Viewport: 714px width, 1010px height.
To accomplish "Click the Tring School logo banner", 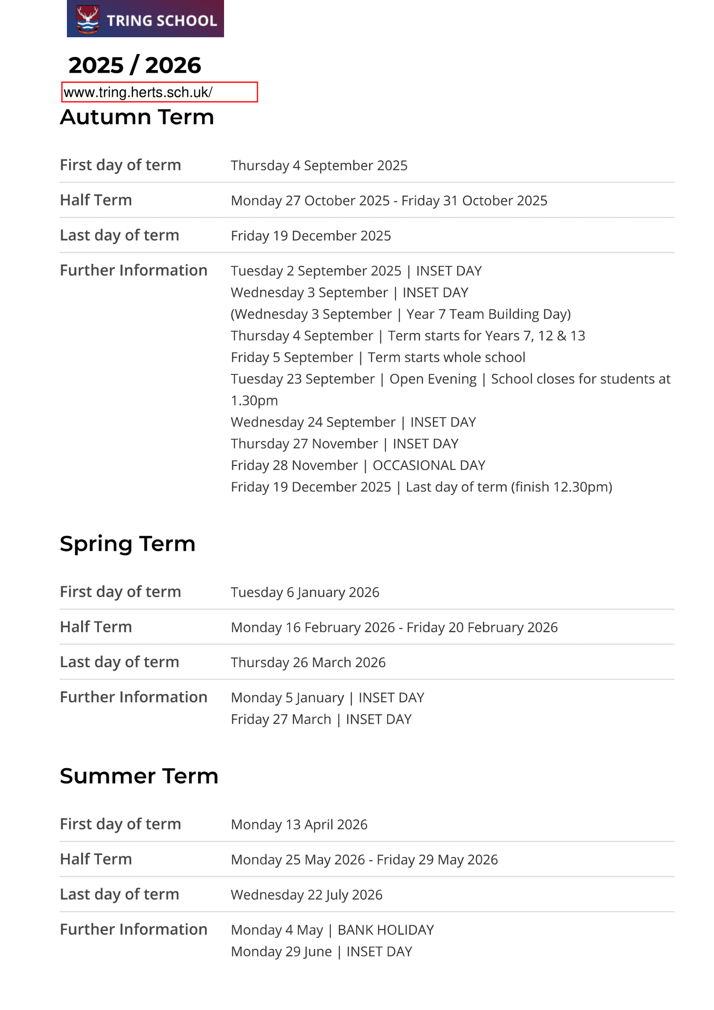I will click(145, 19).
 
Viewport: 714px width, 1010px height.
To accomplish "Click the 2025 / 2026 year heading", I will click(135, 65).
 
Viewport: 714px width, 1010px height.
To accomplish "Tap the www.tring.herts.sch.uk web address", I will click(138, 92).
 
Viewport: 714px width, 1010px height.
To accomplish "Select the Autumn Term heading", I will click(137, 117).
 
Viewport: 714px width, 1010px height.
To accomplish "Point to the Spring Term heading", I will click(128, 544).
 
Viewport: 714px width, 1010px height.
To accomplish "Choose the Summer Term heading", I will click(139, 776).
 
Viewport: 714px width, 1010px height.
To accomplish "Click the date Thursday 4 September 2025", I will click(319, 166).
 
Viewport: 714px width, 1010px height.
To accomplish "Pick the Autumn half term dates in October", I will click(389, 201).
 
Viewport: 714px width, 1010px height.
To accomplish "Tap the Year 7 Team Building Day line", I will click(400, 314).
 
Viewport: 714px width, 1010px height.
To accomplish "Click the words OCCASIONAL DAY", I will click(428, 466).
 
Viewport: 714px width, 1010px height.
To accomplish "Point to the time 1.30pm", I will click(254, 401).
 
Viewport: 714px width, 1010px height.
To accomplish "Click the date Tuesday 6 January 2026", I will click(305, 592).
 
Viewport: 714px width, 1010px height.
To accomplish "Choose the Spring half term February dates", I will click(394, 628).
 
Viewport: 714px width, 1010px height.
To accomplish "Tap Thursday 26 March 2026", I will click(308, 663).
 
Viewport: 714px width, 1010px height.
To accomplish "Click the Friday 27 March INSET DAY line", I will click(321, 719).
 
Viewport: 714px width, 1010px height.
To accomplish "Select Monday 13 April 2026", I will click(299, 825).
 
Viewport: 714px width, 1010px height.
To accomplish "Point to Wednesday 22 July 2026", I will click(306, 895).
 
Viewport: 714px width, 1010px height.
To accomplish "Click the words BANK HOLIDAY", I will click(386, 930).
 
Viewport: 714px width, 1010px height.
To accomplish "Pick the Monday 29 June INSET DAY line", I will click(321, 952).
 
